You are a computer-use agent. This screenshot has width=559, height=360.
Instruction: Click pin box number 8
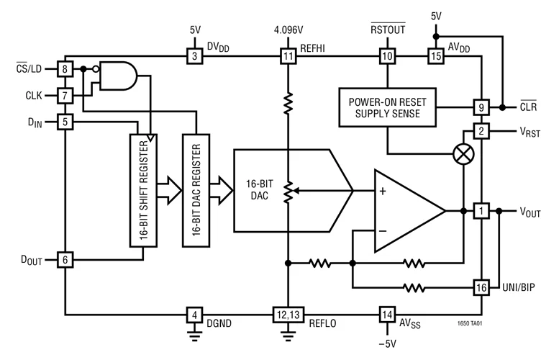point(64,69)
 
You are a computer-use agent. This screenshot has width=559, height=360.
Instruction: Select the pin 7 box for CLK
point(64,96)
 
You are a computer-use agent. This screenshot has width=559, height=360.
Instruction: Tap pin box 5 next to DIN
point(64,123)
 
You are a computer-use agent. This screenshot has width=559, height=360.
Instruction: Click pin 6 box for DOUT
point(64,258)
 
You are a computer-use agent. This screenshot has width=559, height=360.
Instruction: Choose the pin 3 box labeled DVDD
point(193,55)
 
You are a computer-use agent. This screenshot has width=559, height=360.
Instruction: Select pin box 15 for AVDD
point(435,55)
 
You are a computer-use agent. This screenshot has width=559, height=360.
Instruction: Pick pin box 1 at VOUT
point(481,211)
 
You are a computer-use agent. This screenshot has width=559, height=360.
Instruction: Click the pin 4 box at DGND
point(193,315)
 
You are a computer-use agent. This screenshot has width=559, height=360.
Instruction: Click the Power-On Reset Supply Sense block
point(387,107)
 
